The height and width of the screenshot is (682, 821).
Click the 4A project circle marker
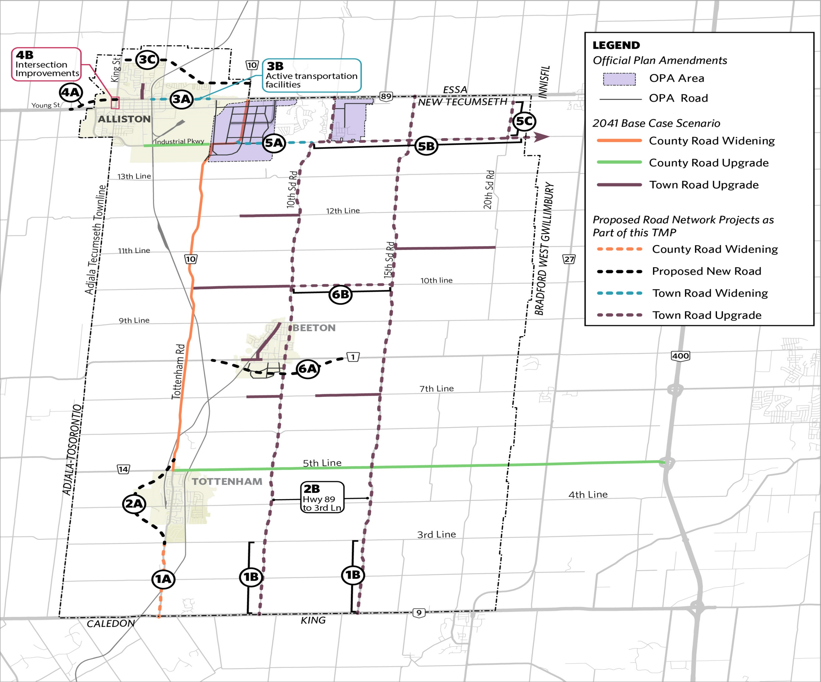point(71,93)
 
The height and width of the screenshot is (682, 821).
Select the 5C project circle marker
point(524,121)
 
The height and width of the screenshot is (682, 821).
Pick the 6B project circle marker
point(340,294)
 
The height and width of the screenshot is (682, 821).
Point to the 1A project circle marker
point(163,579)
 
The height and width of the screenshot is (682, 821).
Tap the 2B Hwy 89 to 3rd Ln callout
point(322,497)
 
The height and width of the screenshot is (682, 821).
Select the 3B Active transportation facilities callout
point(312,75)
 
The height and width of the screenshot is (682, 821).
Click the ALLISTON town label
point(124,119)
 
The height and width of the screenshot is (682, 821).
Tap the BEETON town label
point(314,328)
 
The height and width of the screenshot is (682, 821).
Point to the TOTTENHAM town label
point(227,482)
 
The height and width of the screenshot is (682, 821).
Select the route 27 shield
point(569,259)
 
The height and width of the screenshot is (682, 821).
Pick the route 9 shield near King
point(419,613)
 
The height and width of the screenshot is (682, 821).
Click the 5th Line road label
point(322,463)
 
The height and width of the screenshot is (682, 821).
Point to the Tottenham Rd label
point(178,371)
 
